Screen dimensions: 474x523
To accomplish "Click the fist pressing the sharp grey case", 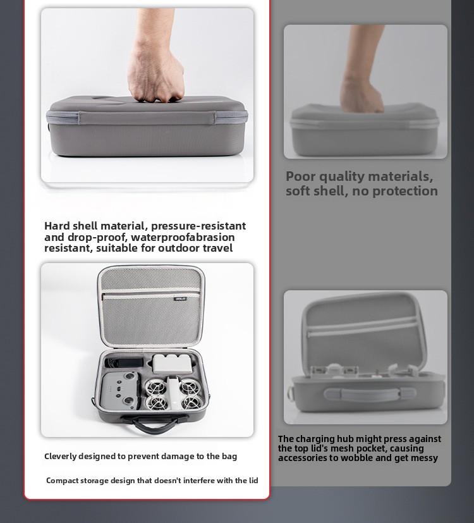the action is [156, 76].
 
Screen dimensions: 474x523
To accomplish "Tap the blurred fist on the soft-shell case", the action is [362, 94].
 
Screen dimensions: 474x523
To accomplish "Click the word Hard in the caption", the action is [57, 226].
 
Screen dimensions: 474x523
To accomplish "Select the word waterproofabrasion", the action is [183, 237].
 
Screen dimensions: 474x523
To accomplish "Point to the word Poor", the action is [301, 176].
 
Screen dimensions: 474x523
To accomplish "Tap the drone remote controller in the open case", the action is [120, 391].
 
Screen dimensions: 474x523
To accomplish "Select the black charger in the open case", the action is [125, 362].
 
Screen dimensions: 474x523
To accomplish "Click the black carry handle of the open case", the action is [154, 423].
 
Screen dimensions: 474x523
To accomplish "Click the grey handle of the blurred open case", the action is [369, 395].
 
